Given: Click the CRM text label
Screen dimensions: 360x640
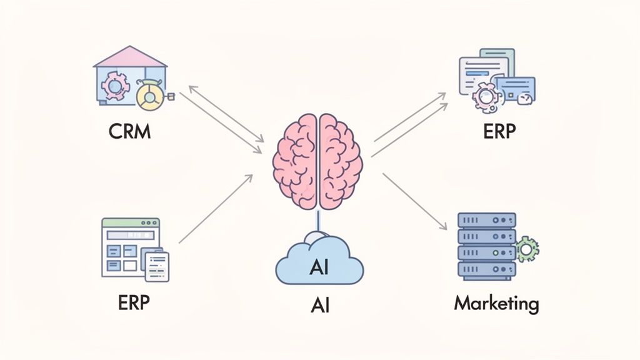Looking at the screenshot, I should coord(130,132).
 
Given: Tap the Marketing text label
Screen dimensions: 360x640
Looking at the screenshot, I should coord(496,304).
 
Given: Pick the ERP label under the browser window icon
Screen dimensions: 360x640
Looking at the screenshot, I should coord(134,302).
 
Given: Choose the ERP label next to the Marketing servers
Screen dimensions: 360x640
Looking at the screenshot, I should coord(498,132).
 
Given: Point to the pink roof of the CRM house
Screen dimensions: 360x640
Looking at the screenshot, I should coord(130,57).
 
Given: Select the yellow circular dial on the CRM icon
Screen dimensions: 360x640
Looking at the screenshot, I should coord(150,97).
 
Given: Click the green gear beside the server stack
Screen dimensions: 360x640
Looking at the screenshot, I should coord(527,251).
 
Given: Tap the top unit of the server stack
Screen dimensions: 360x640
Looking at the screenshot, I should coord(487,220).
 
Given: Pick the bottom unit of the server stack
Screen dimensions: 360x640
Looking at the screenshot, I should coord(487,270).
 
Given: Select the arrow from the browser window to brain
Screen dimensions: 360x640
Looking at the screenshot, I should coord(216,209).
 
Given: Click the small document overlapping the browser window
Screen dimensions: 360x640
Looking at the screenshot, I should coord(156,265).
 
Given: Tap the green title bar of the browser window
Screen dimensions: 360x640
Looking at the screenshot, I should coord(131,222).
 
